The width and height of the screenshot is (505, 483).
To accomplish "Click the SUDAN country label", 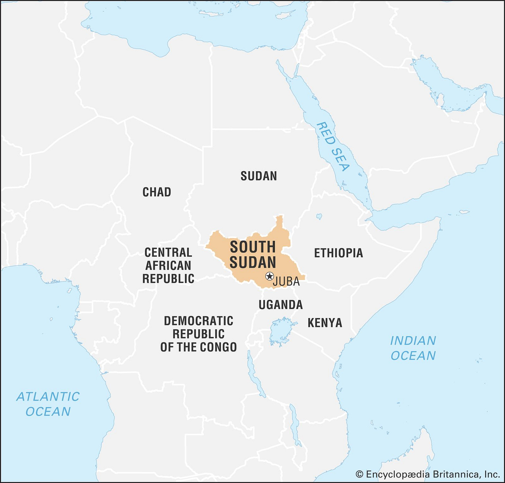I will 259,176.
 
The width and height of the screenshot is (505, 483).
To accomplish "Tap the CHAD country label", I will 157,192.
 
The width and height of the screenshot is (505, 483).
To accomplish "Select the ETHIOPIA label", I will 339,253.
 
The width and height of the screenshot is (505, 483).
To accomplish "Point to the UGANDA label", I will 281,305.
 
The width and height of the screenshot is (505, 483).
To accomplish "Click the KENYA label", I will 325,323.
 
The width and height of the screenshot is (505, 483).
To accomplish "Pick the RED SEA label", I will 333,146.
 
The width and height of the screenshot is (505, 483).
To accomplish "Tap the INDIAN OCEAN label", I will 413,348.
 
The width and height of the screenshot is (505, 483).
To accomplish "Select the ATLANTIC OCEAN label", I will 48,404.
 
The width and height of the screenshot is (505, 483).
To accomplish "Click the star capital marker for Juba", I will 269,276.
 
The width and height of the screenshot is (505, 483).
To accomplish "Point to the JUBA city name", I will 286,282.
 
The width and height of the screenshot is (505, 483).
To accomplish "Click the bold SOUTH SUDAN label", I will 253,255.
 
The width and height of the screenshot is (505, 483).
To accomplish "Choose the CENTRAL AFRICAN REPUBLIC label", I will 168,265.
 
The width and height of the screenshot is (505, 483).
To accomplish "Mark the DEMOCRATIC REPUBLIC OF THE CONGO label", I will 198,334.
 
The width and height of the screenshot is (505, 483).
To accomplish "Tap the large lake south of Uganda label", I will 282,331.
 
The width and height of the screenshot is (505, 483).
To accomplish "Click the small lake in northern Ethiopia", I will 319,217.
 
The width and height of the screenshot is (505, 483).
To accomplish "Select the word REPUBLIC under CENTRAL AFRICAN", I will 168,279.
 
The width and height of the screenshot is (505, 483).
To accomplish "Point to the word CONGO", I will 220,347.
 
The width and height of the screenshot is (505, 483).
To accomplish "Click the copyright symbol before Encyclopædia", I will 360,474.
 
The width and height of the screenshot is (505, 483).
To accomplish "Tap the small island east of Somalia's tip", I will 464,212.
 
